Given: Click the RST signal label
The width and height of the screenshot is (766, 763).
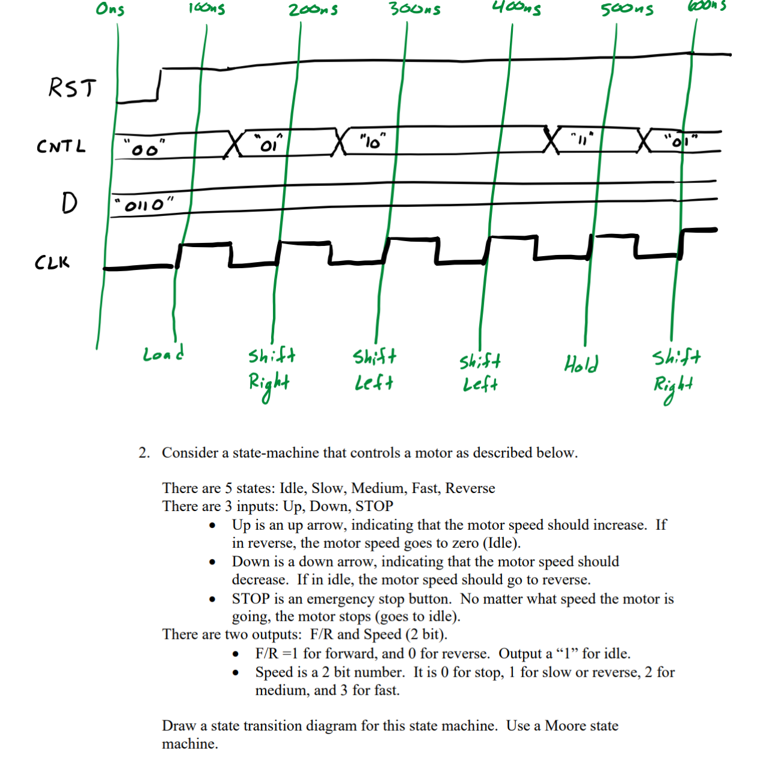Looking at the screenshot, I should (x=72, y=88).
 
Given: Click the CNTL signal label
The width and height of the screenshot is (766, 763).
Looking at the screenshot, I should (x=61, y=146).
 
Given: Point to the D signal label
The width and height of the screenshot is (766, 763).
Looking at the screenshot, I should (x=69, y=203).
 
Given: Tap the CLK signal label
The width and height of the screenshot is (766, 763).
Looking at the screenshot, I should (x=52, y=262).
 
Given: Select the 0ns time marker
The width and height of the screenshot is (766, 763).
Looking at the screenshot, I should (x=110, y=9).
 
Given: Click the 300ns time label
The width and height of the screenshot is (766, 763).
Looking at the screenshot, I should (x=414, y=9).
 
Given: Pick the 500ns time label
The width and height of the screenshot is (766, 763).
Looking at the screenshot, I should (x=627, y=10).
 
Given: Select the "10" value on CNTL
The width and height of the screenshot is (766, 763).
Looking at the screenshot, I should (x=373, y=142).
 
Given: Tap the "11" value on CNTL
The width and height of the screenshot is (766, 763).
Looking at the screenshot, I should (x=581, y=140).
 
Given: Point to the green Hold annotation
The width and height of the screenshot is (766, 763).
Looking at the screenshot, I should (x=581, y=364).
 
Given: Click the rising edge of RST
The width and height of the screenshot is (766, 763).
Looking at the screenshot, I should (x=160, y=85).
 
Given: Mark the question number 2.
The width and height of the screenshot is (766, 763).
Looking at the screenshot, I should (x=144, y=453).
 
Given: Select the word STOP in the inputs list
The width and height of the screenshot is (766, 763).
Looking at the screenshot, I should (x=374, y=506).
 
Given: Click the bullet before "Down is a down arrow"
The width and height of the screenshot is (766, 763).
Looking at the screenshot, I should (x=212, y=563).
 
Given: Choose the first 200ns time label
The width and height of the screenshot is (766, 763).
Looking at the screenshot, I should (x=313, y=10).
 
